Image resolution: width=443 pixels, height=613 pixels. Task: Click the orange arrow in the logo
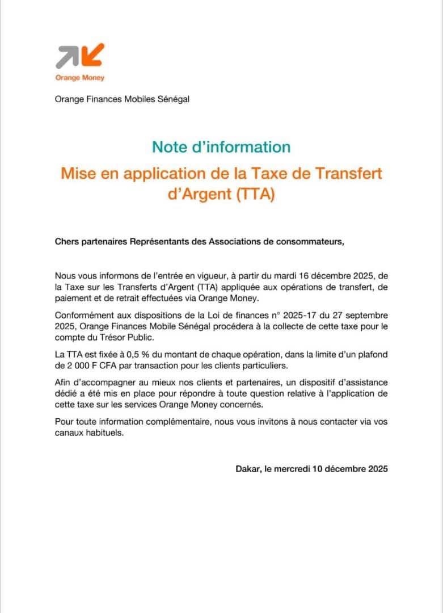[95, 54]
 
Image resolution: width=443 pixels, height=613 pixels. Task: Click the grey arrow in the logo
[67, 56]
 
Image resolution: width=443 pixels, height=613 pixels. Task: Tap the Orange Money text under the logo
[79, 78]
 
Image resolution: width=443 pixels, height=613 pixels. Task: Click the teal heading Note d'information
[221, 146]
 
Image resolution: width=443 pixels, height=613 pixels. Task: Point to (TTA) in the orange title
[255, 194]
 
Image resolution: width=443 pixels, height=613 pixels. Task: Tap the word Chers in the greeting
[66, 241]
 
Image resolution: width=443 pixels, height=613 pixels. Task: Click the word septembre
[365, 315]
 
